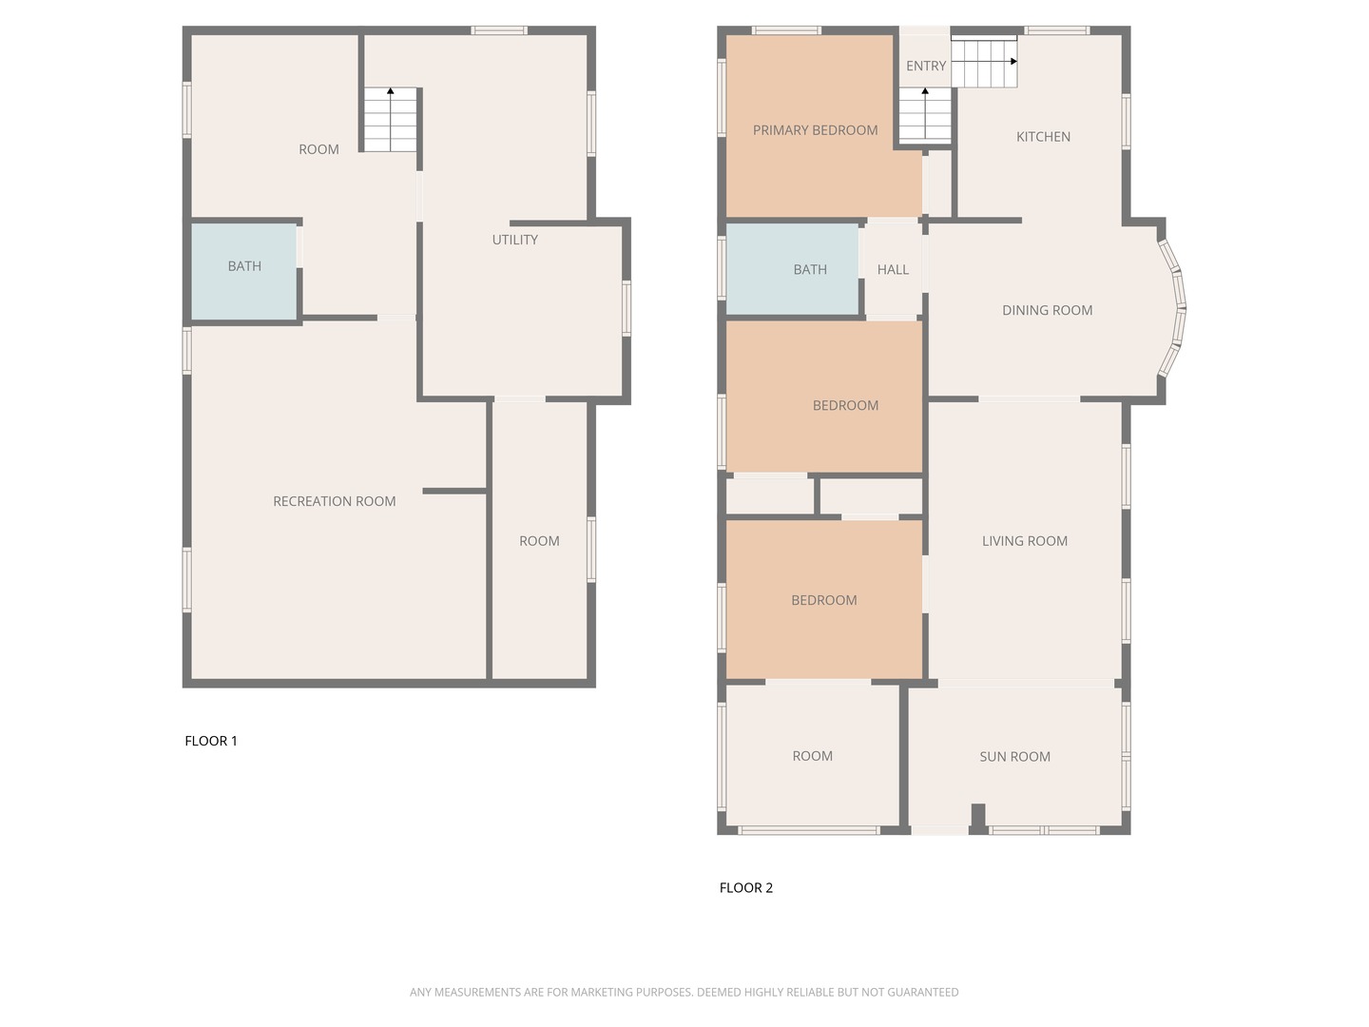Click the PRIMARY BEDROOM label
tap(815, 130)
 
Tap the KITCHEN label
tap(1043, 137)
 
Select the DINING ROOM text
tap(1047, 310)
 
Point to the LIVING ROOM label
tap(1024, 541)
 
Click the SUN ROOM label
tap(1014, 757)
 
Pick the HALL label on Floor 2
tap(893, 270)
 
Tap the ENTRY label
tap(925, 66)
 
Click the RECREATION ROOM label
tap(334, 501)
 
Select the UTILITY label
tap(514, 240)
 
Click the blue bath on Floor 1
tap(244, 271)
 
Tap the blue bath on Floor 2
tap(792, 269)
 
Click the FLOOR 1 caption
tap(211, 741)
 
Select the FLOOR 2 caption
tap(746, 888)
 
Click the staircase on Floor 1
tap(390, 121)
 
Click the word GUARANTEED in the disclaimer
tap(922, 992)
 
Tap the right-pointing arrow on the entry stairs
tap(1013, 61)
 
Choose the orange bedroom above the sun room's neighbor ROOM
tap(823, 599)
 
